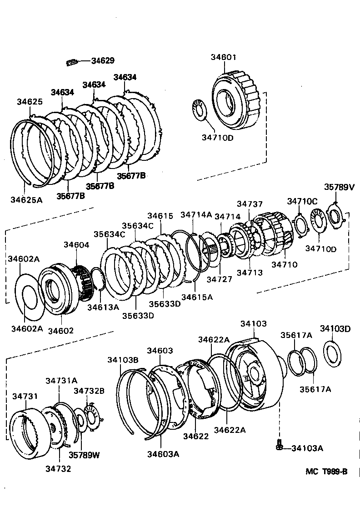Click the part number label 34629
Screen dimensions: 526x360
103,61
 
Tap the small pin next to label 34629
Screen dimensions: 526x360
73,62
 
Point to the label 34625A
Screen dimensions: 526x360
26,199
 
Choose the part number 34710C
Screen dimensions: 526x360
302,201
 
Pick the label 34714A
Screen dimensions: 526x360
196,214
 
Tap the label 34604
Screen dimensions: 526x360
76,245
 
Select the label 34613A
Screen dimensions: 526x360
103,308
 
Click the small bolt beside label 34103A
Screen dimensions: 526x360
279,446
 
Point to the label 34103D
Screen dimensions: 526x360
335,328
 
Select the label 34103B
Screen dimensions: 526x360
123,360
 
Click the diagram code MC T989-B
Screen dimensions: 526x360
326,471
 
